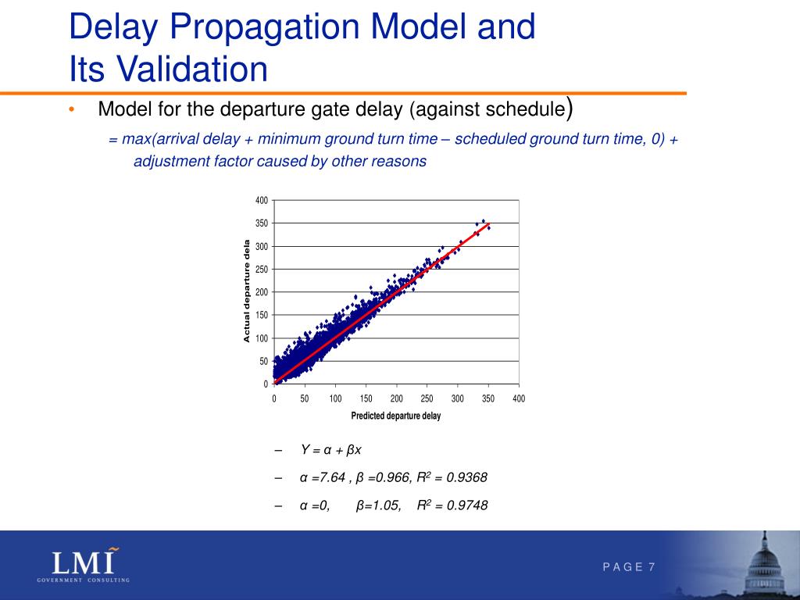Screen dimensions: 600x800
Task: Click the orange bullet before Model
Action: pyautogui.click(x=72, y=110)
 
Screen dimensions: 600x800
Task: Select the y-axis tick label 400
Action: pyautogui.click(x=262, y=201)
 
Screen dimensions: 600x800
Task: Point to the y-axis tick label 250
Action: pyautogui.click(x=262, y=270)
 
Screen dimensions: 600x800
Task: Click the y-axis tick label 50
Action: pyautogui.click(x=264, y=361)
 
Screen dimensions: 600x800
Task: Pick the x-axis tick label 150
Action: pyautogui.click(x=366, y=398)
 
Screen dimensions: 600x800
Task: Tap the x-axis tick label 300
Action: pyautogui.click(x=458, y=398)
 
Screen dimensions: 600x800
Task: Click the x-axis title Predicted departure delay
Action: pyautogui.click(x=396, y=416)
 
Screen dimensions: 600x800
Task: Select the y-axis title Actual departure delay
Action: pyautogui.click(x=247, y=291)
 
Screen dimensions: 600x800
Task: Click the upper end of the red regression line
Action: pyautogui.click(x=489, y=225)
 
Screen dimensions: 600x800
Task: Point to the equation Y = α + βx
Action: pyautogui.click(x=331, y=451)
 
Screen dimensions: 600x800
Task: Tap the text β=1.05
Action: pyautogui.click(x=379, y=505)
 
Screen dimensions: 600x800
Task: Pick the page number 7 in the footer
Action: pyautogui.click(x=652, y=566)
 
